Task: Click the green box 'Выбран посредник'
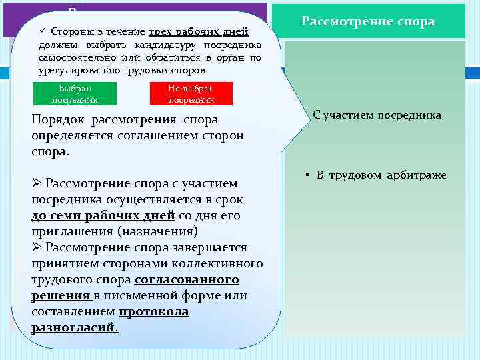point(75,94)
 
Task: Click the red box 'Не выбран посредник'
point(191,94)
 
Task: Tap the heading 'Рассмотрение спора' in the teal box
point(368,21)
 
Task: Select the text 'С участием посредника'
point(377,115)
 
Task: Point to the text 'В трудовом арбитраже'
point(381,175)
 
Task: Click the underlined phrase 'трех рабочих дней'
point(198,31)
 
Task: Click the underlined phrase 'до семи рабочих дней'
point(103,216)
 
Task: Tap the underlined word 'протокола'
point(153,312)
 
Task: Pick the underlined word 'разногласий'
point(73,328)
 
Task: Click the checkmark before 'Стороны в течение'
point(43,31)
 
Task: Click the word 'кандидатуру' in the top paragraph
point(162,45)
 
